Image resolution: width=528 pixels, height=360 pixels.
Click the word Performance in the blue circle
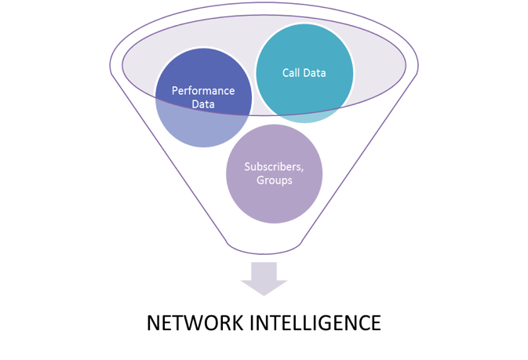pos(203,91)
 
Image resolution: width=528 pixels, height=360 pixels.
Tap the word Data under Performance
pos(203,104)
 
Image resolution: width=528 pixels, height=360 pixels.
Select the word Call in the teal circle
pos(290,73)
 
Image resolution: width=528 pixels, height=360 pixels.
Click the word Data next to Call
pos(315,73)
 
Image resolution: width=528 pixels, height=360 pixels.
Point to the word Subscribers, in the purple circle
pos(274,167)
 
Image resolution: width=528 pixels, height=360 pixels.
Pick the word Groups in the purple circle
pos(275,180)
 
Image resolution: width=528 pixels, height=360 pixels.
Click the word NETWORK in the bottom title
pos(195,322)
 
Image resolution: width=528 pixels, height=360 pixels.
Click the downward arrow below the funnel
pos(264,278)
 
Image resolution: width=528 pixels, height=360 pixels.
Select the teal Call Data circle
pos(304,73)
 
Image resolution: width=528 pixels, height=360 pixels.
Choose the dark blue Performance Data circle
pos(203,98)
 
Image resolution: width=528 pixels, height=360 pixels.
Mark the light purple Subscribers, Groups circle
pos(274,174)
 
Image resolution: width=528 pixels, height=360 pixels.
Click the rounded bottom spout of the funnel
pos(264,252)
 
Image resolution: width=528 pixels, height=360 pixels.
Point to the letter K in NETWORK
pos(237,322)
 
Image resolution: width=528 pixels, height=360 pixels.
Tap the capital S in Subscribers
pos(247,167)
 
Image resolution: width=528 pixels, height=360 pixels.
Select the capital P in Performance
pos(175,91)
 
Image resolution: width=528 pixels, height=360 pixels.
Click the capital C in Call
pos(286,73)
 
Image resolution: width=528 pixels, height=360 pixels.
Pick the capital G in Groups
pos(260,180)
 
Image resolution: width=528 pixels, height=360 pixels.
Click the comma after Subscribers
pos(302,171)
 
